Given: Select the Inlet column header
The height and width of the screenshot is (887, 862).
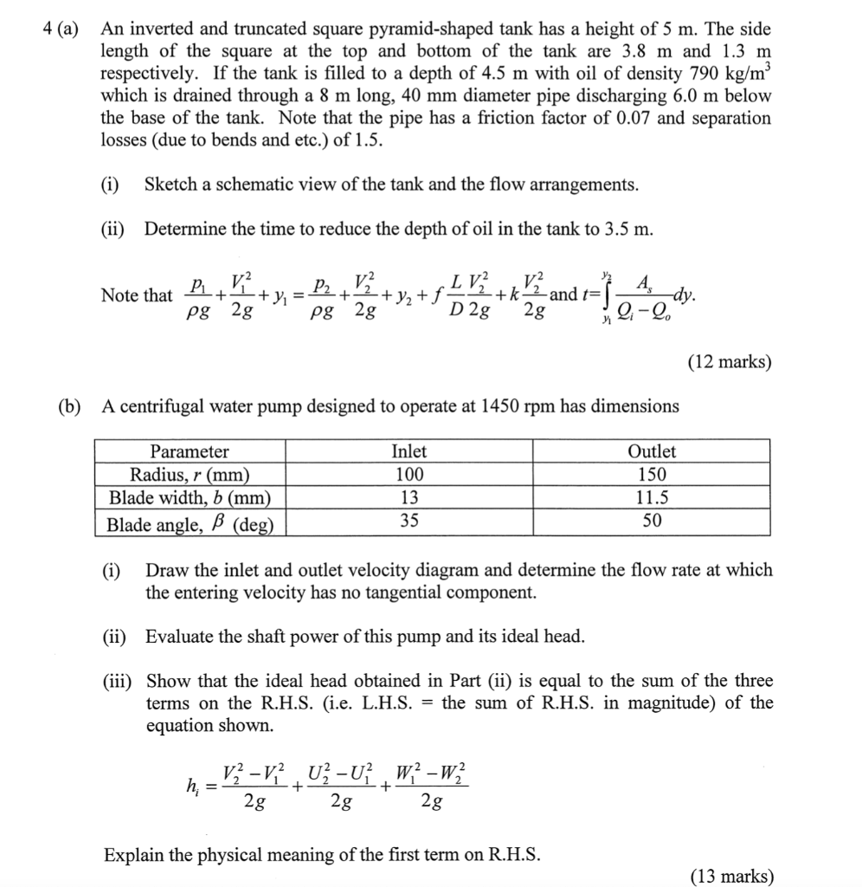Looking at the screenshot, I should pos(408,451).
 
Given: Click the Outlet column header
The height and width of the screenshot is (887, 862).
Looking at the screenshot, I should pos(651,451).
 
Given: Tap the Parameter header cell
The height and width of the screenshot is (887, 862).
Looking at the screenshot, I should pos(190,451).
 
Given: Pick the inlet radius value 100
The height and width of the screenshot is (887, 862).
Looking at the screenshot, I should pos(408,475).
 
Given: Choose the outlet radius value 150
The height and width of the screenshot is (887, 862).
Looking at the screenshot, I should pos(651,475).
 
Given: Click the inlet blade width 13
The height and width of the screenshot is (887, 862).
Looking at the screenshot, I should pos(408,498).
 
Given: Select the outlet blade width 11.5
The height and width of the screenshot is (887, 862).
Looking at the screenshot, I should pos(651,498).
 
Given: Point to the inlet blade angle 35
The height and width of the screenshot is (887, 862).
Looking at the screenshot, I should pos(408,521).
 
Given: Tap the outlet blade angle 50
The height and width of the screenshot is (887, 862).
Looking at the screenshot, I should pos(651,521).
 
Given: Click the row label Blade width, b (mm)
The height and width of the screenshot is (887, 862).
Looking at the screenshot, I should pos(190,498).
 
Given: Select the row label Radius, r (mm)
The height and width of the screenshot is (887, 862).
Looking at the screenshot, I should pos(190,475).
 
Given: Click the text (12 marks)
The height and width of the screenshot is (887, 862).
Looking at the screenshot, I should pos(729,362).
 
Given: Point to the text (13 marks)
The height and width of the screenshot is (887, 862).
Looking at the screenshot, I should pos(731,876).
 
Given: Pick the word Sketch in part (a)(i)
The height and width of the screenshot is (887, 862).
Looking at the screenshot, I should pos(170,184).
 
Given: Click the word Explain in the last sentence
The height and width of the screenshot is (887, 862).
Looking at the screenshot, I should pos(132,855).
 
